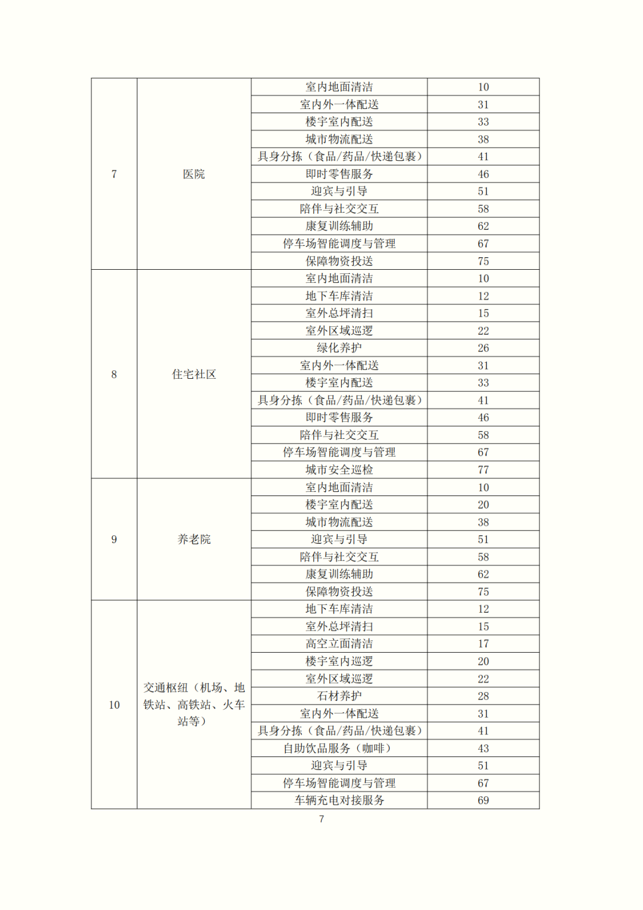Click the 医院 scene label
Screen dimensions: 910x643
pos(193,174)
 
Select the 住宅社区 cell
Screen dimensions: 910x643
pos(193,374)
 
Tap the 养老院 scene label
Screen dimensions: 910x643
pos(193,539)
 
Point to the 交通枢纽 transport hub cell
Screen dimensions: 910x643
pos(193,705)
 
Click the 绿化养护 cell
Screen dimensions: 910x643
pos(339,348)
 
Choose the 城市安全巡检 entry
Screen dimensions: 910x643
pos(339,470)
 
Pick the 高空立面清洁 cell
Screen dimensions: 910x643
pos(339,644)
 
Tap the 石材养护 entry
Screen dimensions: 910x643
pos(339,696)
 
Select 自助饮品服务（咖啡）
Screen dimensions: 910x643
pos(339,749)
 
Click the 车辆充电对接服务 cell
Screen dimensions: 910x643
pos(339,800)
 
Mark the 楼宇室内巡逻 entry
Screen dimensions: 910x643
pos(339,661)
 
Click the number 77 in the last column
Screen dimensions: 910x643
pos(483,470)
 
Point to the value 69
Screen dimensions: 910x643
pos(483,800)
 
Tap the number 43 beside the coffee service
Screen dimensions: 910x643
pos(483,749)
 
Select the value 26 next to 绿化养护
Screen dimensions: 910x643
pos(483,348)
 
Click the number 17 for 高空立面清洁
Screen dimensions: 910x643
pos(483,644)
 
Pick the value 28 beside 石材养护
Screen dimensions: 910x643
pos(483,696)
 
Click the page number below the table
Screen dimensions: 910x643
pos(321,819)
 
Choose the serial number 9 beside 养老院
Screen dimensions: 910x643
pos(114,539)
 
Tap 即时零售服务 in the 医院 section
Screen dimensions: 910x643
pos(339,174)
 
